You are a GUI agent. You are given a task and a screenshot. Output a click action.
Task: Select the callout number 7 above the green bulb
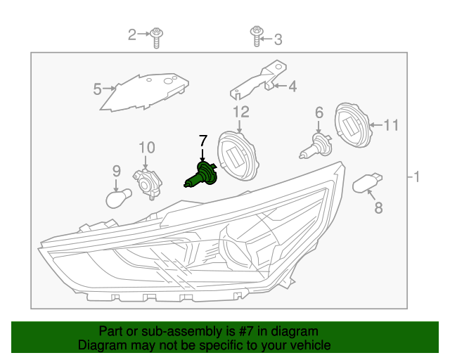click(203, 140)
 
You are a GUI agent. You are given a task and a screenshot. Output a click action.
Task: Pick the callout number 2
click(131, 34)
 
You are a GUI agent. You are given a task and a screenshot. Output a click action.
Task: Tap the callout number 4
click(292, 86)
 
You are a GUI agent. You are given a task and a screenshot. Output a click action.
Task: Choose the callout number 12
click(240, 112)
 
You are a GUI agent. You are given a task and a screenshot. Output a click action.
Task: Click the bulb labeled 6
click(317, 146)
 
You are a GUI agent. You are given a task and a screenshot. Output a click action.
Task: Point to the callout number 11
click(390, 126)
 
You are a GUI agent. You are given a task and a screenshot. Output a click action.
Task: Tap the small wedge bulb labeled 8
click(367, 184)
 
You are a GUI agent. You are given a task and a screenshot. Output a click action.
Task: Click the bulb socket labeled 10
click(149, 182)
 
